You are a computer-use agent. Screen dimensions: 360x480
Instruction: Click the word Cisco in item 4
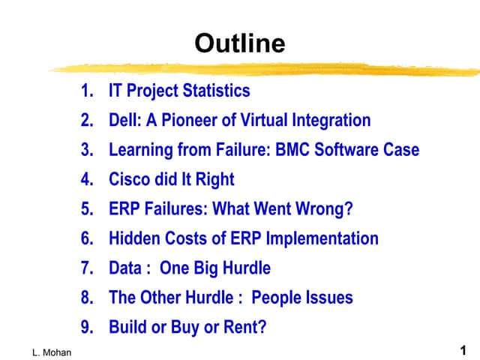130,180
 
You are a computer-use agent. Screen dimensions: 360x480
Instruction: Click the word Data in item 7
124,268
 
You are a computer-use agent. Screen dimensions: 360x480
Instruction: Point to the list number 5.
87,209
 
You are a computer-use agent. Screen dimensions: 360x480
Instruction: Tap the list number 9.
87,328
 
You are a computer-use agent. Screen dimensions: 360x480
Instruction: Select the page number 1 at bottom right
463,349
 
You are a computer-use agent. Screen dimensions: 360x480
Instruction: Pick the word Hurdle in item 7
245,268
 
